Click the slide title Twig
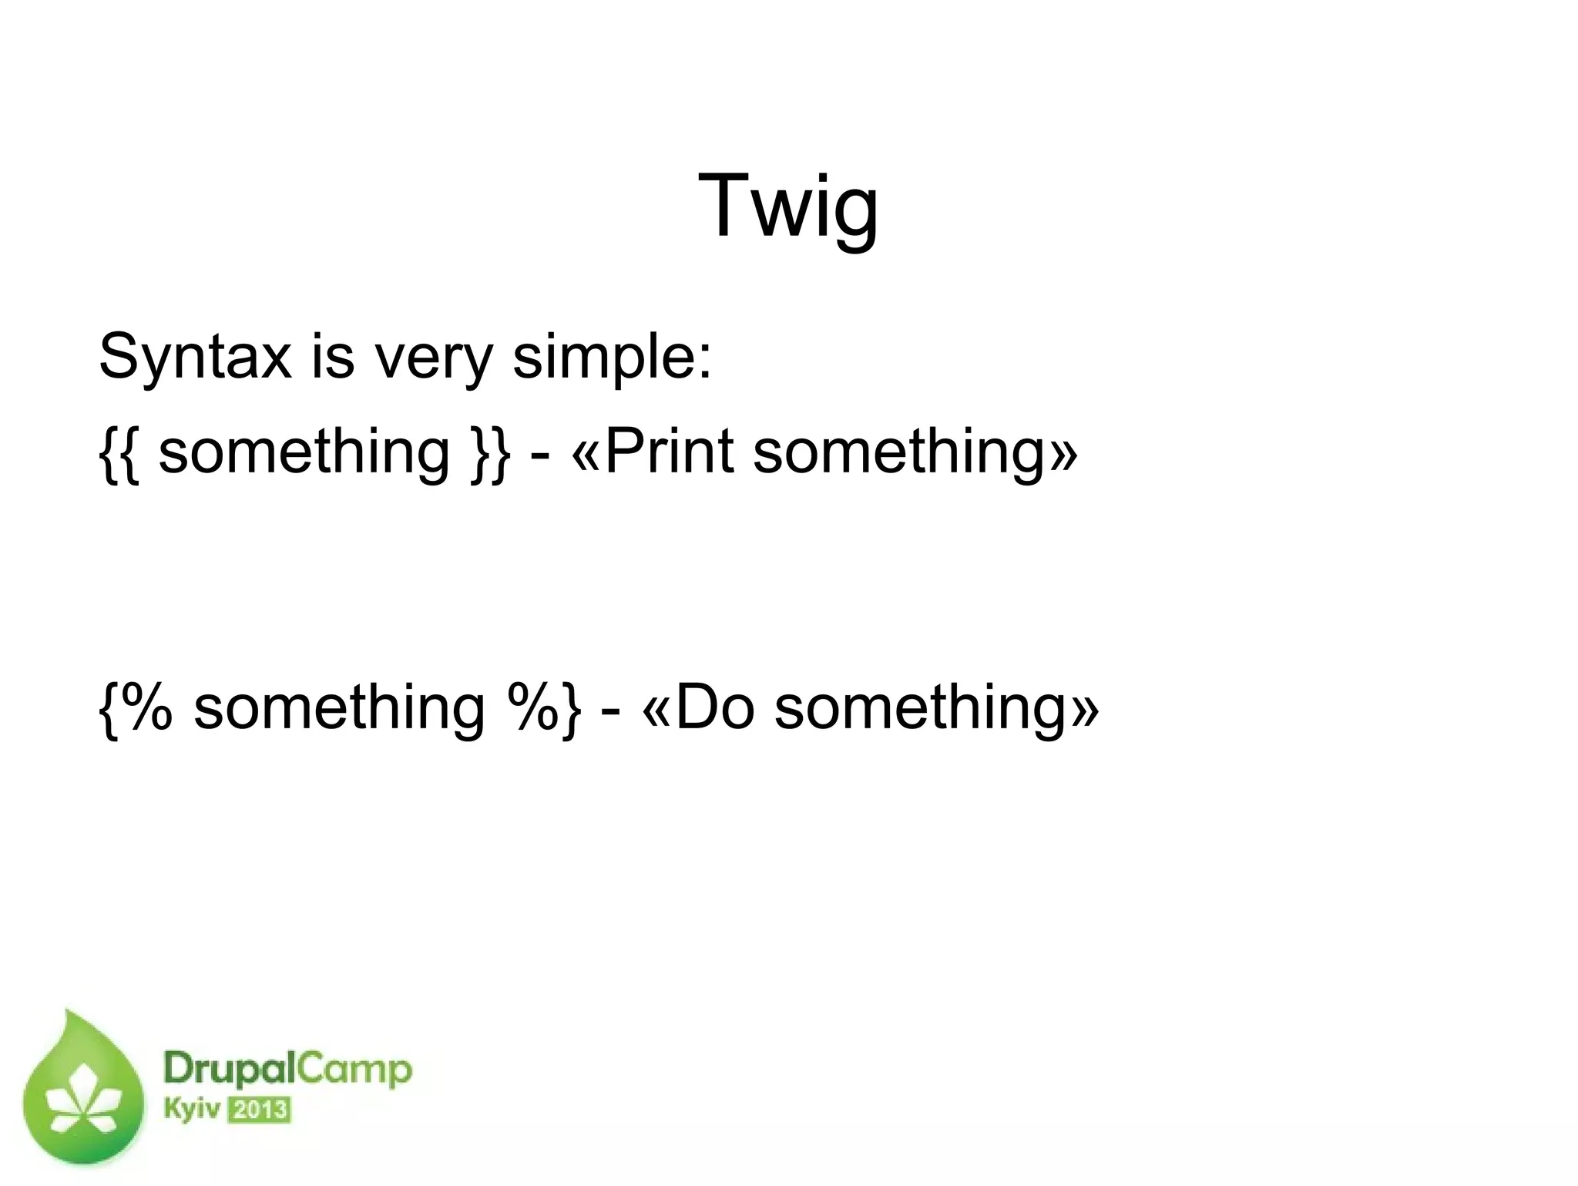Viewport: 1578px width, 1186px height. click(x=787, y=207)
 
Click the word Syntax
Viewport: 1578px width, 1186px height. click(x=195, y=357)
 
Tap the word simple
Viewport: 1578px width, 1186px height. click(x=611, y=357)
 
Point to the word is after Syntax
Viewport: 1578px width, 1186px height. click(x=333, y=357)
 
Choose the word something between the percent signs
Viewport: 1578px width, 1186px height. click(x=339, y=708)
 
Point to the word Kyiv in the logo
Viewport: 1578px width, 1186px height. click(x=192, y=1110)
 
